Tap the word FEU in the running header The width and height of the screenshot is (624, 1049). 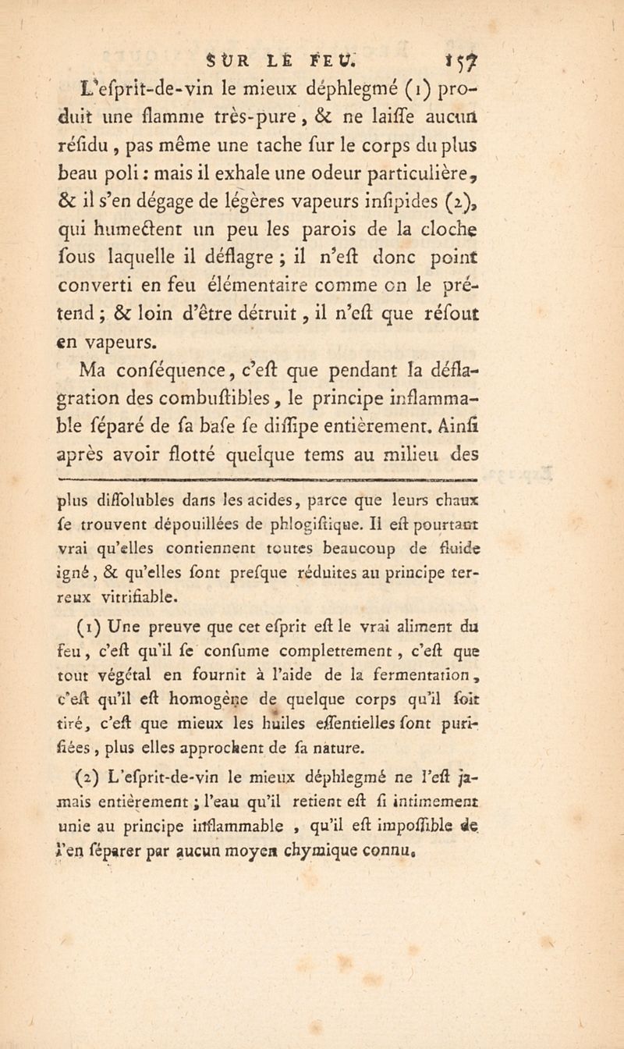(335, 57)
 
